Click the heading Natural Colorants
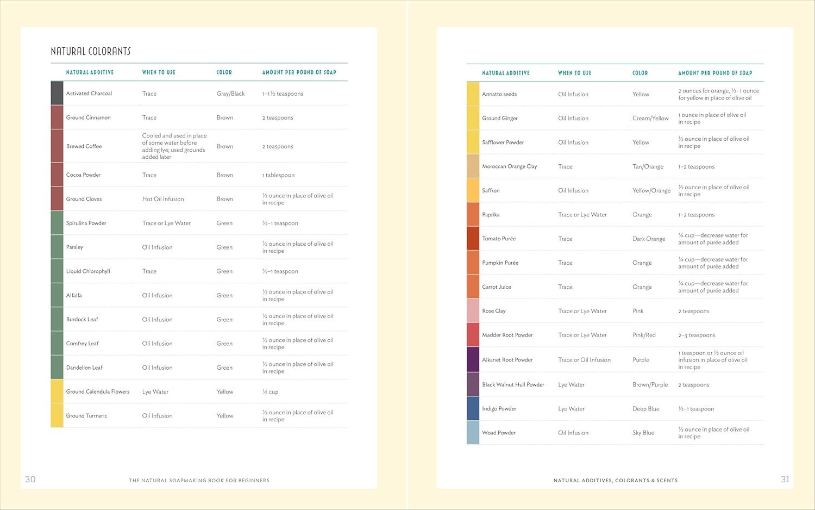91,52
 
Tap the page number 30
30,479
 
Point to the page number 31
785,479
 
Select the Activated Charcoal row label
89,94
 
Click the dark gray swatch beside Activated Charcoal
57,94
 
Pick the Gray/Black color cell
230,94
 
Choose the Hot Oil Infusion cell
163,199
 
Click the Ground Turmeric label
86,416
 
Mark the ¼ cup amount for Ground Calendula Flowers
270,392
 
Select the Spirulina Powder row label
86,223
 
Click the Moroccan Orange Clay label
509,166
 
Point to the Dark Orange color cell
649,239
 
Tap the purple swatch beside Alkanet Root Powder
473,359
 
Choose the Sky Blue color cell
643,433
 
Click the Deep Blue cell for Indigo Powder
645,409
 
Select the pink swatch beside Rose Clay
473,311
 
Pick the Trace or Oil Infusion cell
584,360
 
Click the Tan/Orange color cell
648,167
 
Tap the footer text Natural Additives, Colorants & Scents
615,481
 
